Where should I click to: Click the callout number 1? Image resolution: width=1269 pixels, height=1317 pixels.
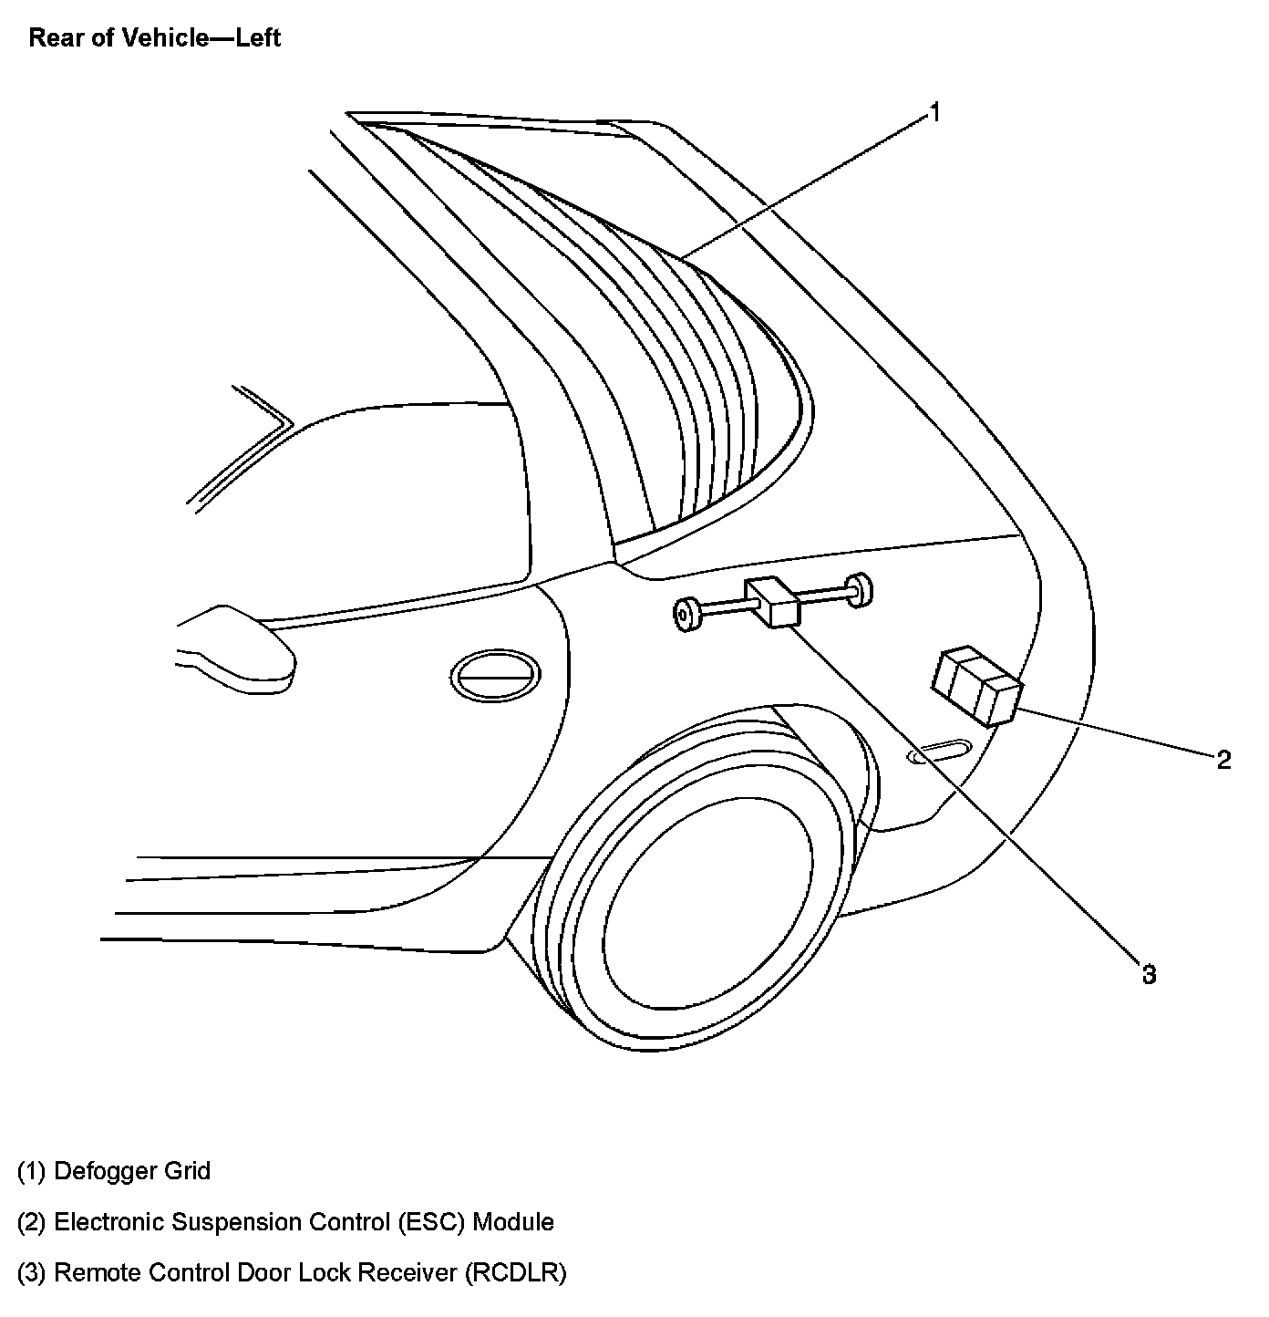(x=934, y=113)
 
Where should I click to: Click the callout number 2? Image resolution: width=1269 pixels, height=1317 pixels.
(x=1223, y=759)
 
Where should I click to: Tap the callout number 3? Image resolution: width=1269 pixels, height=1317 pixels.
(x=1149, y=974)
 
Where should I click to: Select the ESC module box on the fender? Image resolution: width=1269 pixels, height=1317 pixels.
(x=975, y=686)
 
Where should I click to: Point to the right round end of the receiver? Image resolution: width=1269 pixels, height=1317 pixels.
(x=858, y=588)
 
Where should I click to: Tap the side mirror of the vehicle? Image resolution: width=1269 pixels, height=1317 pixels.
(x=239, y=645)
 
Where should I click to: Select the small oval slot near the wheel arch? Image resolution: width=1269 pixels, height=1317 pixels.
(x=938, y=752)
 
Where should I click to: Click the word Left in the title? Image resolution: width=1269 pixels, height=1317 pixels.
(x=258, y=38)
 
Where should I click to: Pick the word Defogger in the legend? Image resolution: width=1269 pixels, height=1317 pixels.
(x=106, y=1171)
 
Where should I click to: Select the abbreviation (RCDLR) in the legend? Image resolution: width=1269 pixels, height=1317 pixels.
(x=515, y=1273)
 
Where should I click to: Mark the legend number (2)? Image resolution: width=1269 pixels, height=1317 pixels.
(x=31, y=1222)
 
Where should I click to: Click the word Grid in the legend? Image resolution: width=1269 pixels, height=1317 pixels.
(x=187, y=1171)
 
